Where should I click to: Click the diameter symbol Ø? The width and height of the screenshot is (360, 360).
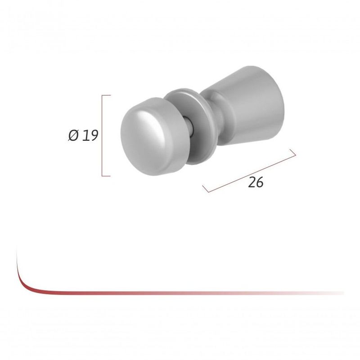coord(74,136)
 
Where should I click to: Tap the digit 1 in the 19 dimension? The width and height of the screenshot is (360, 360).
coord(85,136)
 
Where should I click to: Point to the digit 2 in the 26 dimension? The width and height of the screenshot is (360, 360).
coord(252,182)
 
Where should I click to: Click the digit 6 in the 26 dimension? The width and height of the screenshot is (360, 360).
coord(259,182)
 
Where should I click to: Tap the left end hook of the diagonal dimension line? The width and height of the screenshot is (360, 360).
coord(206,188)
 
